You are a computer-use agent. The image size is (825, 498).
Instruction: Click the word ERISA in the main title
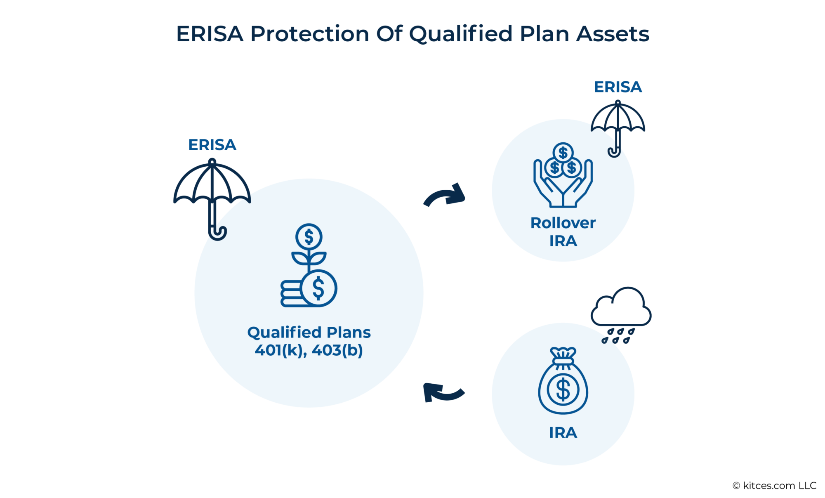pyautogui.click(x=210, y=34)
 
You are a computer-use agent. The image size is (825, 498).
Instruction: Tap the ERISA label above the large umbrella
pyautogui.click(x=212, y=145)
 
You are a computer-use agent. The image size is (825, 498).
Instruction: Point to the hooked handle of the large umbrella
pyautogui.click(x=217, y=233)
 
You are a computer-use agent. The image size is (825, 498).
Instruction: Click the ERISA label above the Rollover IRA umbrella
pyautogui.click(x=618, y=87)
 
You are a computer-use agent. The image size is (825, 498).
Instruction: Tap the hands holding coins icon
pyautogui.click(x=563, y=182)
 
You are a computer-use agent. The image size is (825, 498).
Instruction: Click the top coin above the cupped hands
pyautogui.click(x=563, y=153)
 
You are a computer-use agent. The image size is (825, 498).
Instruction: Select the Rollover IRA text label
pyautogui.click(x=563, y=231)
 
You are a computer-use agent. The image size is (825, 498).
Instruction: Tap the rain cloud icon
pyautogui.click(x=621, y=307)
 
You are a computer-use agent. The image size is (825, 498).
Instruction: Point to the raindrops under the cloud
pyautogui.click(x=618, y=336)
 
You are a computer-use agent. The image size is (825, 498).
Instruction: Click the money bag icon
pyautogui.click(x=563, y=382)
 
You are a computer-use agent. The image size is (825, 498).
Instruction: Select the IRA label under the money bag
pyautogui.click(x=563, y=433)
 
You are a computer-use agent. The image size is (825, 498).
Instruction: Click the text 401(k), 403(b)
pyautogui.click(x=309, y=350)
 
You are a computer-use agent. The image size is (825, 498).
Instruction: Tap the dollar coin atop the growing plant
pyautogui.click(x=309, y=237)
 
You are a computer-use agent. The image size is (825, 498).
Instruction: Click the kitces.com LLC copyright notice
pyautogui.click(x=774, y=486)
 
